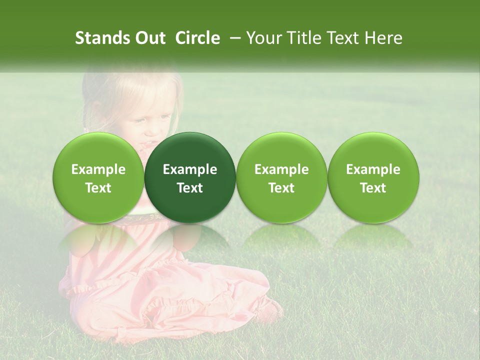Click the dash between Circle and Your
(233, 38)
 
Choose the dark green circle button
(190, 177)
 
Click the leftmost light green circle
(98, 177)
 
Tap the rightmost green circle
(373, 177)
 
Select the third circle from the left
(281, 177)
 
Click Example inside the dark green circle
(190, 169)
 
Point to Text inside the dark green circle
(190, 188)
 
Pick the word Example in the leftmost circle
(98, 169)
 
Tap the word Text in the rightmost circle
(373, 188)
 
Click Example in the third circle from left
(281, 169)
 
